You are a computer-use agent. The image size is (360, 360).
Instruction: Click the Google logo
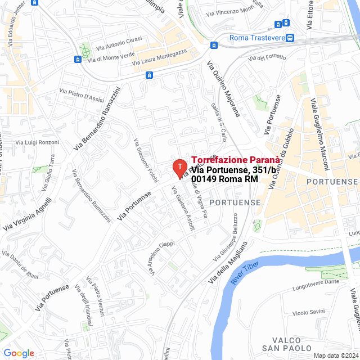(x=19, y=353)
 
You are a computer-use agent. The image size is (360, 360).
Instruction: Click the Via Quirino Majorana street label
(x=223, y=88)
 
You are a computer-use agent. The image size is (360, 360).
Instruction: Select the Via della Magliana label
(x=227, y=263)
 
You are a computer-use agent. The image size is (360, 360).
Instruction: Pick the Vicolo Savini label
(x=308, y=312)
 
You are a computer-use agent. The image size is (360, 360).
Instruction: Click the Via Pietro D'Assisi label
(x=82, y=96)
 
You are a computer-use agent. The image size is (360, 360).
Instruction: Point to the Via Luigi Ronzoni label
(x=37, y=142)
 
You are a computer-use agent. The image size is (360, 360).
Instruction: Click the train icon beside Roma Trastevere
(x=290, y=38)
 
